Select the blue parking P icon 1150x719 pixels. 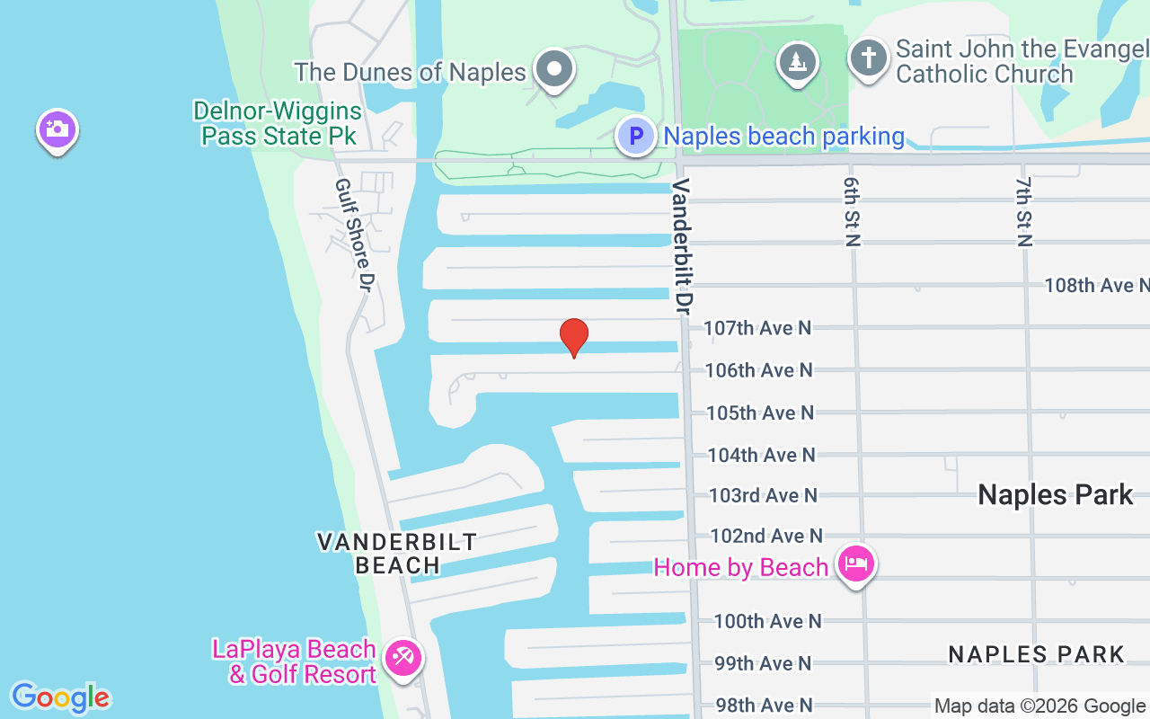(x=636, y=137)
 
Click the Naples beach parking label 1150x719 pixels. (x=783, y=137)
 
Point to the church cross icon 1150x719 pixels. (x=869, y=59)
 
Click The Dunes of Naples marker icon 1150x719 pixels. (x=554, y=69)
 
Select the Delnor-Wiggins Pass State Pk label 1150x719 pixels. (x=279, y=124)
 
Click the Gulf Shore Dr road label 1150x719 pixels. (x=353, y=235)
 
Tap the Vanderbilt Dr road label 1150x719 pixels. (x=682, y=245)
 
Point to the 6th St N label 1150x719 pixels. (x=852, y=210)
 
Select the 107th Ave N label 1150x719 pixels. (x=757, y=328)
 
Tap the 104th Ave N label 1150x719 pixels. (x=761, y=455)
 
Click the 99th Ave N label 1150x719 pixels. (x=763, y=663)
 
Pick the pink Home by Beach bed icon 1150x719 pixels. (x=855, y=564)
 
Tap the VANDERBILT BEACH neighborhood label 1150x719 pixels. (x=397, y=553)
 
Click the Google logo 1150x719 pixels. (x=60, y=697)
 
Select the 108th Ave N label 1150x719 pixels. (x=1096, y=286)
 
